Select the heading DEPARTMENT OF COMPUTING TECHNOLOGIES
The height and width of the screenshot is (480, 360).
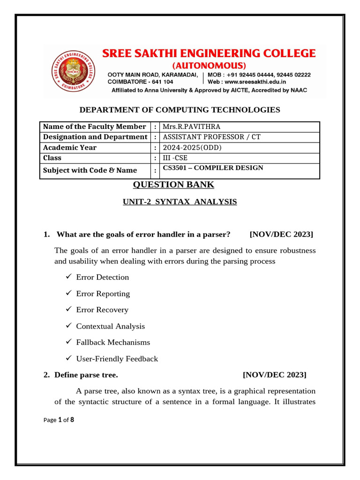pos(180,110)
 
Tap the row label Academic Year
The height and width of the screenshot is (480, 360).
pos(70,148)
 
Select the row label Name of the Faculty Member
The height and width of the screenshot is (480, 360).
pos(94,127)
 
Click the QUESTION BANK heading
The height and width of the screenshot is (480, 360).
pos(173,185)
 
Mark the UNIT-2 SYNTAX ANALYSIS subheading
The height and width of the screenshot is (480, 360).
pos(180,202)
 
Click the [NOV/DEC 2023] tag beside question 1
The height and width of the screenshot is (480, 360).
pos(281,234)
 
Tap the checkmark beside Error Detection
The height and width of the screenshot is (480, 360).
pos(68,277)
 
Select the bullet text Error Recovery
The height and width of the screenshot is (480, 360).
pos(102,310)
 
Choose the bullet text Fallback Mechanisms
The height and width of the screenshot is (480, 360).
pos(113,343)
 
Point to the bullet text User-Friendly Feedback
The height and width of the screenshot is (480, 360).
pos(117,359)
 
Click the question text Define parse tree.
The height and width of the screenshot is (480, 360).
pos(86,375)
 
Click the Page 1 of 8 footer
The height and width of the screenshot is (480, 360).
pos(58,420)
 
